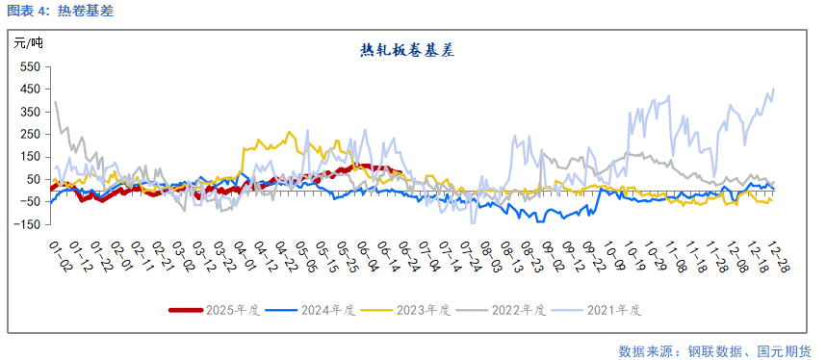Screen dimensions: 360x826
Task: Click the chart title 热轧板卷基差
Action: pos(407,50)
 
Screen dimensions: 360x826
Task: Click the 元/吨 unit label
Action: pos(28,42)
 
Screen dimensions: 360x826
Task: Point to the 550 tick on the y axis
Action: pos(29,66)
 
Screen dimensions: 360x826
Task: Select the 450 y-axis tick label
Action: pos(29,90)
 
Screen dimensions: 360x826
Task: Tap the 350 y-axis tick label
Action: pos(29,112)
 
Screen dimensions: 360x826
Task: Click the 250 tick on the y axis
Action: pos(29,135)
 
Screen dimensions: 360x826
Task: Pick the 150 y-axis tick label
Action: pos(29,157)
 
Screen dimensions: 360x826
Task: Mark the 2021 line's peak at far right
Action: pos(774,90)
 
